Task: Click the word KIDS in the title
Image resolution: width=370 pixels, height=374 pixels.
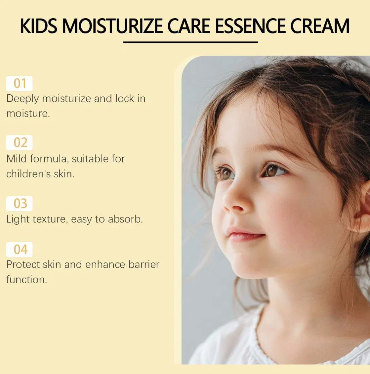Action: [x=39, y=26]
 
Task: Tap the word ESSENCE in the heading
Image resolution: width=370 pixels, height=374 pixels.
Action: [x=250, y=26]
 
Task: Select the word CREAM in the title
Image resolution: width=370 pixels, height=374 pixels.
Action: [x=320, y=26]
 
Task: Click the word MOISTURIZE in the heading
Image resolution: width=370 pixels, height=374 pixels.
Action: [x=112, y=26]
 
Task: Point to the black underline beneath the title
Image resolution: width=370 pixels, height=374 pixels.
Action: [x=190, y=42]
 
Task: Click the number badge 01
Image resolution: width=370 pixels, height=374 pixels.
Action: [x=19, y=83]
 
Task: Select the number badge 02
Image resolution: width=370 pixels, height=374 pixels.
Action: [x=19, y=143]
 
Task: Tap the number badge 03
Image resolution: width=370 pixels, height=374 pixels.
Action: [x=19, y=204]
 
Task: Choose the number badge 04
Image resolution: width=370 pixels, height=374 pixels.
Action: [x=19, y=250]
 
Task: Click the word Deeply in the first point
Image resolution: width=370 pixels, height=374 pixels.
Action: [x=22, y=99]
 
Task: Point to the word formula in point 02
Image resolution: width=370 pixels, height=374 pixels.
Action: [x=49, y=159]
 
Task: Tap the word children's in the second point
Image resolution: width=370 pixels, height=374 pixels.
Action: [x=28, y=174]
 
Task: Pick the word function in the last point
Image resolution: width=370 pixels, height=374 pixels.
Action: [x=26, y=280]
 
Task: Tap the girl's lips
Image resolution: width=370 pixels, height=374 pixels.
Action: [x=245, y=235]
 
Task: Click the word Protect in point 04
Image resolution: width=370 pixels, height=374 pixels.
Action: [x=23, y=264]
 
